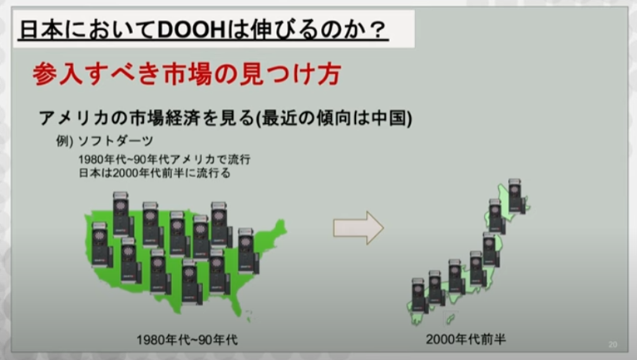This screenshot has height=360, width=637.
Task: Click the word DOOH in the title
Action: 190,30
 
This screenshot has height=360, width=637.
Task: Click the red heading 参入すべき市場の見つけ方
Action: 187,73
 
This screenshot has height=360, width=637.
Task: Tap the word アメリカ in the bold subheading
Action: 74,118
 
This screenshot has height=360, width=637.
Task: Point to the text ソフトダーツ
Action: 116,141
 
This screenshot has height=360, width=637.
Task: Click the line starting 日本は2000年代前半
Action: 155,173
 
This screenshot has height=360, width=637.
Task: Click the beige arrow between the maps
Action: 358,228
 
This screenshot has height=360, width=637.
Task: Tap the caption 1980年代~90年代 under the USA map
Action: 187,340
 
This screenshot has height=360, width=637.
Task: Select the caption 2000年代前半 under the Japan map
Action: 466,339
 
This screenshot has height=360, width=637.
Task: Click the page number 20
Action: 613,344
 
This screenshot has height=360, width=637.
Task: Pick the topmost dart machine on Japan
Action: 516,195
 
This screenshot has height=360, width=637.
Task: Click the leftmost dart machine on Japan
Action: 419,295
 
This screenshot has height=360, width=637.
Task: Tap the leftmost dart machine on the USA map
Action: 102,245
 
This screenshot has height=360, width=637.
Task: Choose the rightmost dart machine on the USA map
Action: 248,251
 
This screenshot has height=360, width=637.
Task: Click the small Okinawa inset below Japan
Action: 450,319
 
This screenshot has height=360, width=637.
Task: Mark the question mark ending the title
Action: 378,31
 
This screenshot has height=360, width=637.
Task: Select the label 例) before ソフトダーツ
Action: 65,141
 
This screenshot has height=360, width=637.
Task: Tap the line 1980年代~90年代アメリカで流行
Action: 164,160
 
